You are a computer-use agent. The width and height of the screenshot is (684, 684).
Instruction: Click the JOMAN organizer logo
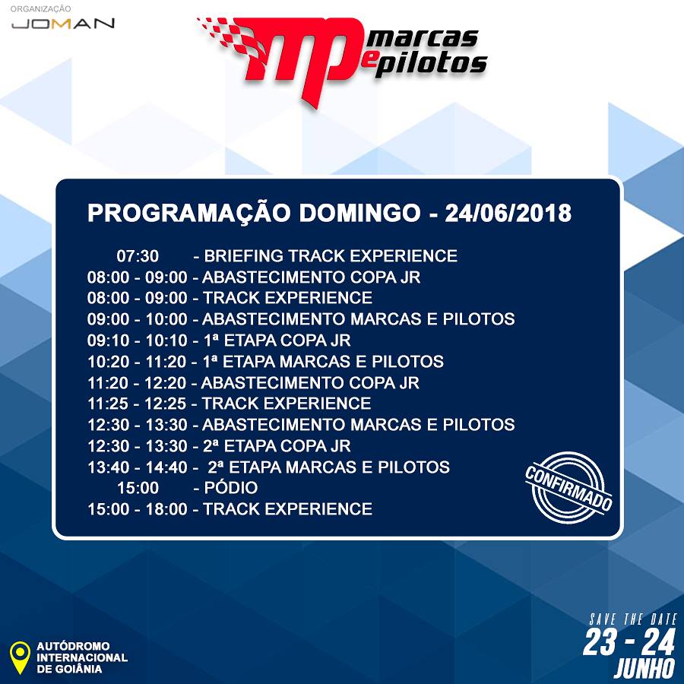pos(63,23)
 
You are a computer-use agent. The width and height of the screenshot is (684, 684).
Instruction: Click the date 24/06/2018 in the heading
pos(508,214)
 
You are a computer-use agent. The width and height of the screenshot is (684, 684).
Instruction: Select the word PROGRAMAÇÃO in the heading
pos(189,214)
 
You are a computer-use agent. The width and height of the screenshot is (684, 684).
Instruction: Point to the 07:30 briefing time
pos(138,256)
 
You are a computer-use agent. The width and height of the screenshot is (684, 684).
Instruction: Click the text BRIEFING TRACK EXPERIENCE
pos(331,256)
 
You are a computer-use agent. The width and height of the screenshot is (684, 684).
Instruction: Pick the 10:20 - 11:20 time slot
pos(137,362)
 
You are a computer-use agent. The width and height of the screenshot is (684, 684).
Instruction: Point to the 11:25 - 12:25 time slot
pos(137,404)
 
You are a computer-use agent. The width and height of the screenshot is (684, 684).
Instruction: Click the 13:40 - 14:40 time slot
pos(137,467)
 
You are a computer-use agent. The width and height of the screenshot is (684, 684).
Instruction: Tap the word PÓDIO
pos(231,488)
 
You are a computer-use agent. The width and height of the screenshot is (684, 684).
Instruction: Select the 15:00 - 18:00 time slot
pos(137,509)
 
